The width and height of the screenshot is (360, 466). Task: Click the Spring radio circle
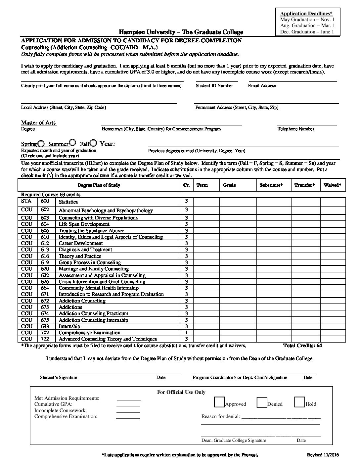point(41,144)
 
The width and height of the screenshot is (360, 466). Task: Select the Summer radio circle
point(73,143)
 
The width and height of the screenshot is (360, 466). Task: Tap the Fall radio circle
point(93,143)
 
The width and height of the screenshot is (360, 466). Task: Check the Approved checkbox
point(219,402)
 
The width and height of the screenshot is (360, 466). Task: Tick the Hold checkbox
point(299,402)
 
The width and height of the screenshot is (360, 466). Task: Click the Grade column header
point(229,185)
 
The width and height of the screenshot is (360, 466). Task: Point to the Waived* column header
point(333,185)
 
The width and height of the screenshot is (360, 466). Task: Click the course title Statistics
point(68,202)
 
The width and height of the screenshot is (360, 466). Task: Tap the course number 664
point(45,288)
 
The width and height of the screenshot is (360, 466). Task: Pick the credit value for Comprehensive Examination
point(187,333)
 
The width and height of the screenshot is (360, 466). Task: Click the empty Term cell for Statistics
point(206,202)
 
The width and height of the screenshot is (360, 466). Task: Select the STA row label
point(26,201)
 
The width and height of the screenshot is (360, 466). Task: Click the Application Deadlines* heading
point(306,14)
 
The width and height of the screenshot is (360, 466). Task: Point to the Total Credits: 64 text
point(302,346)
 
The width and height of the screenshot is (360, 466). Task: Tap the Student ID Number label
point(214,86)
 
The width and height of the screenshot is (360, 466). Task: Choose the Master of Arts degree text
point(38,123)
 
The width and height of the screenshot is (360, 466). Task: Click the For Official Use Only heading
point(181,392)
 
